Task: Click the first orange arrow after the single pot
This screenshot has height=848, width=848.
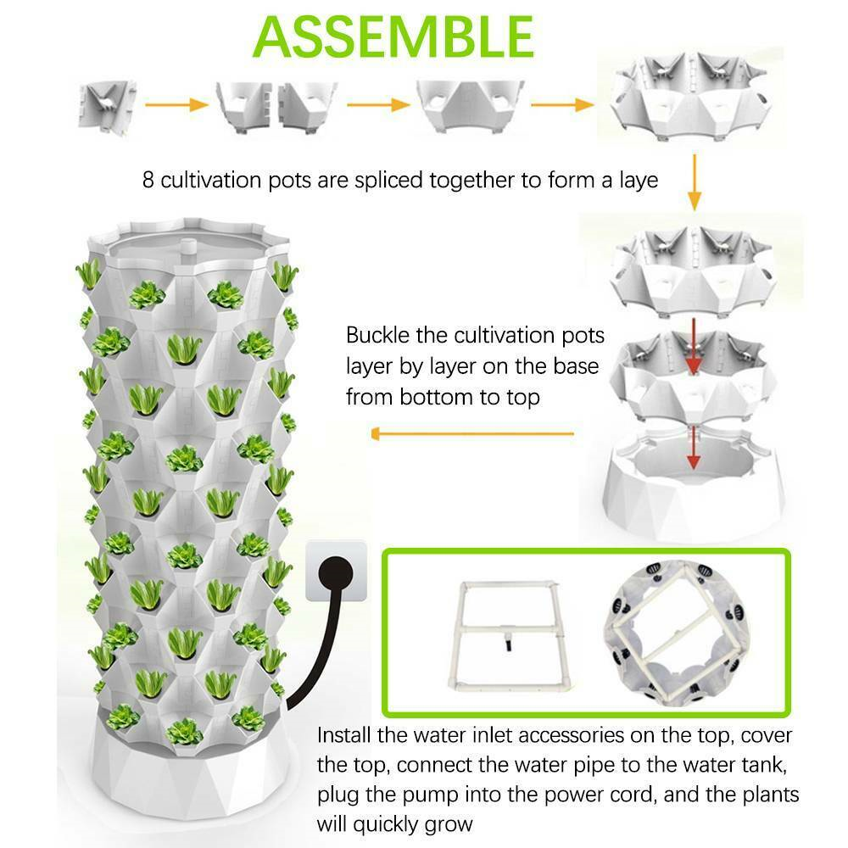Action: point(176,105)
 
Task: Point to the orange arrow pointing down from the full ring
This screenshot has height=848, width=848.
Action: point(694,180)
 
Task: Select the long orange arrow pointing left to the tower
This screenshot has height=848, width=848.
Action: point(474,434)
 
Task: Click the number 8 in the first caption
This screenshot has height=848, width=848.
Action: point(148,181)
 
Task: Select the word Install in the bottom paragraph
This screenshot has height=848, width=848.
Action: point(345,735)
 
